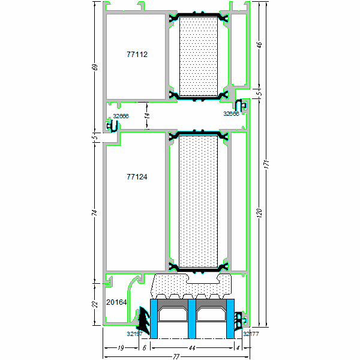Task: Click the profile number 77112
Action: click(x=137, y=54)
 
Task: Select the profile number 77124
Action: click(x=137, y=177)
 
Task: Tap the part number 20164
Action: click(x=116, y=302)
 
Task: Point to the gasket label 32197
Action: click(x=134, y=334)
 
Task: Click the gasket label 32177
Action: click(x=250, y=334)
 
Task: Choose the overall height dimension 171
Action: click(x=268, y=164)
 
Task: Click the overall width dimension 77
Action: click(x=176, y=356)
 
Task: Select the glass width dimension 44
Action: click(x=192, y=347)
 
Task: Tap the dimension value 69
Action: click(x=94, y=66)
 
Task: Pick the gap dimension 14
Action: click(x=146, y=115)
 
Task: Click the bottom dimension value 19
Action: click(x=121, y=347)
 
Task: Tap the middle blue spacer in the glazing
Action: click(x=192, y=319)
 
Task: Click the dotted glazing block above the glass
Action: click(x=192, y=286)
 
